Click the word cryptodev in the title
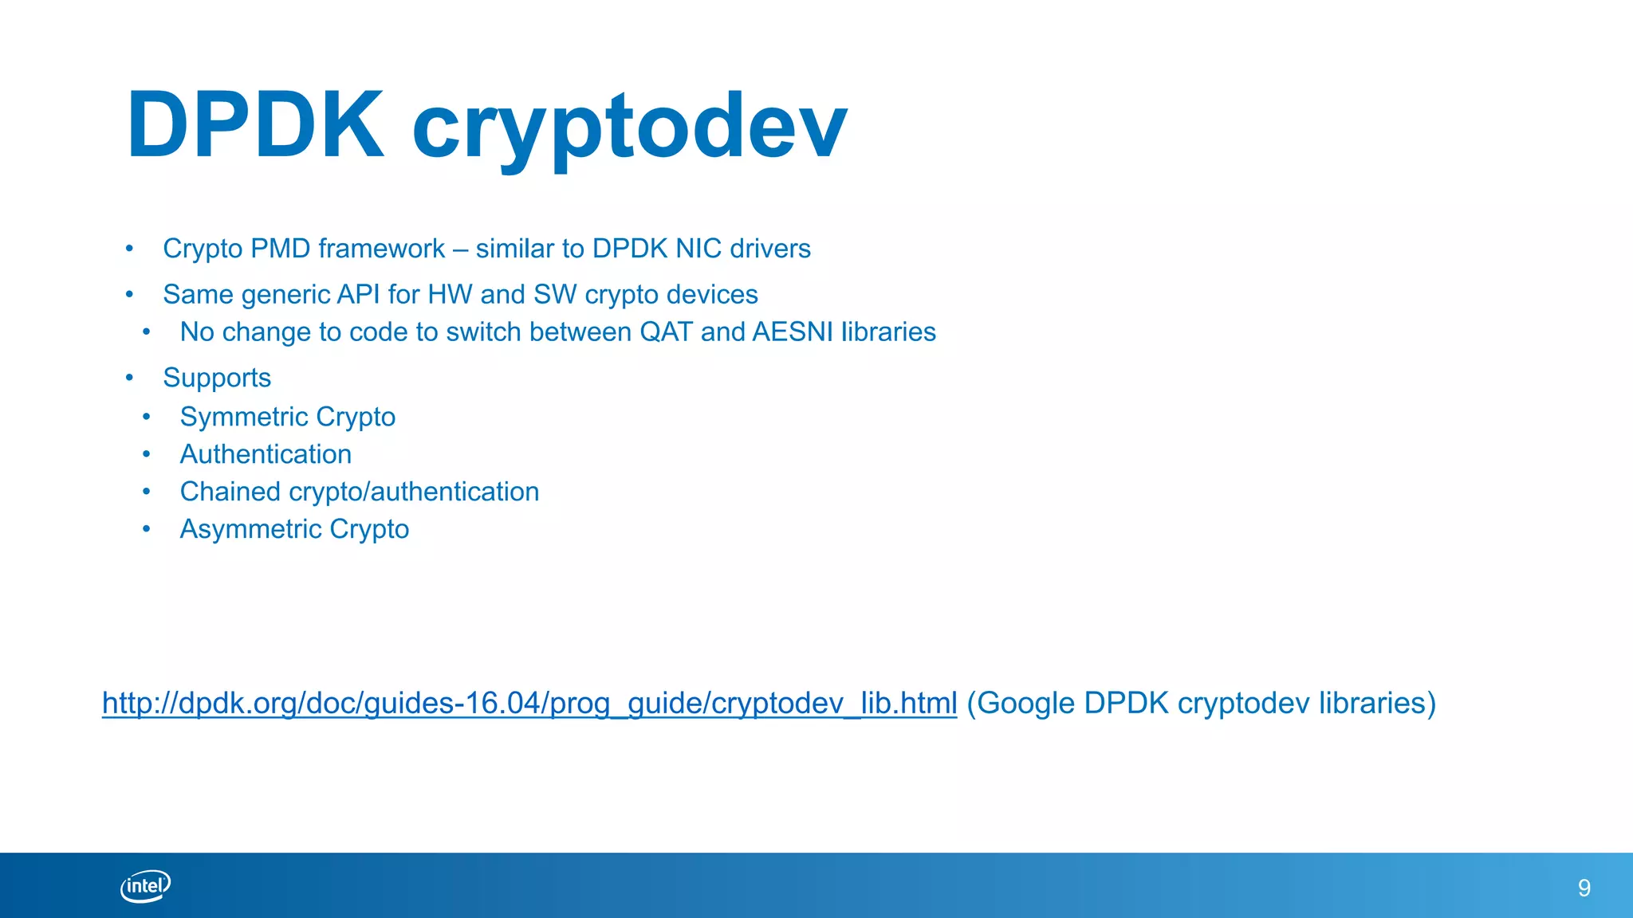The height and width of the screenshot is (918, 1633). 629,127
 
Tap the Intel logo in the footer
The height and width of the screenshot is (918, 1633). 145,886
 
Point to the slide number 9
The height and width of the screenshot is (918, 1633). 1584,888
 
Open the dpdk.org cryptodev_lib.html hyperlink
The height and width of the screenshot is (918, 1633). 529,703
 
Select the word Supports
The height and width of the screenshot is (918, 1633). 217,378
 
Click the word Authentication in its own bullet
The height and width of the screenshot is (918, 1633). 266,454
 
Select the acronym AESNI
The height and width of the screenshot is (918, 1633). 792,331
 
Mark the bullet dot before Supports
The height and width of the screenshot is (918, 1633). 129,378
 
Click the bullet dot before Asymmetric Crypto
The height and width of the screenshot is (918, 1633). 146,529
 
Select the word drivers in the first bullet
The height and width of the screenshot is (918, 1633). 770,249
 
